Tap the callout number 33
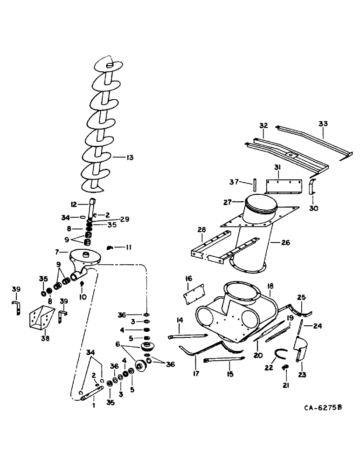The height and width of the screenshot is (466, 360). pyautogui.click(x=323, y=124)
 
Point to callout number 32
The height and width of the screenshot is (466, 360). pyautogui.click(x=264, y=126)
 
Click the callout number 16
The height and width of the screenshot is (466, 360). pyautogui.click(x=189, y=278)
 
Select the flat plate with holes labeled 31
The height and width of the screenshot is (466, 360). pyautogui.click(x=284, y=187)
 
